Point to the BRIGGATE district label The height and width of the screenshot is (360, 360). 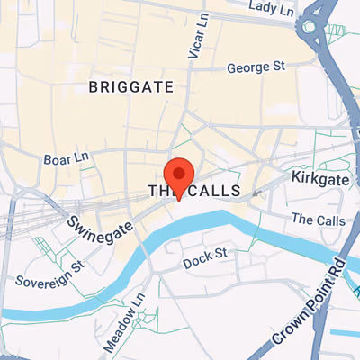coord(130,87)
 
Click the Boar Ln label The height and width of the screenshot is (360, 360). coord(65,159)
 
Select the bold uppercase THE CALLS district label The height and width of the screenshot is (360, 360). coord(194,192)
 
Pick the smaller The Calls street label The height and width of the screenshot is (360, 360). coord(312,220)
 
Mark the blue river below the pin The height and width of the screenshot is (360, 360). coord(180,238)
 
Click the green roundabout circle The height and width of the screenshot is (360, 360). coord(311,27)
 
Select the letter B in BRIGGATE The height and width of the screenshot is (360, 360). coord(94,87)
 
